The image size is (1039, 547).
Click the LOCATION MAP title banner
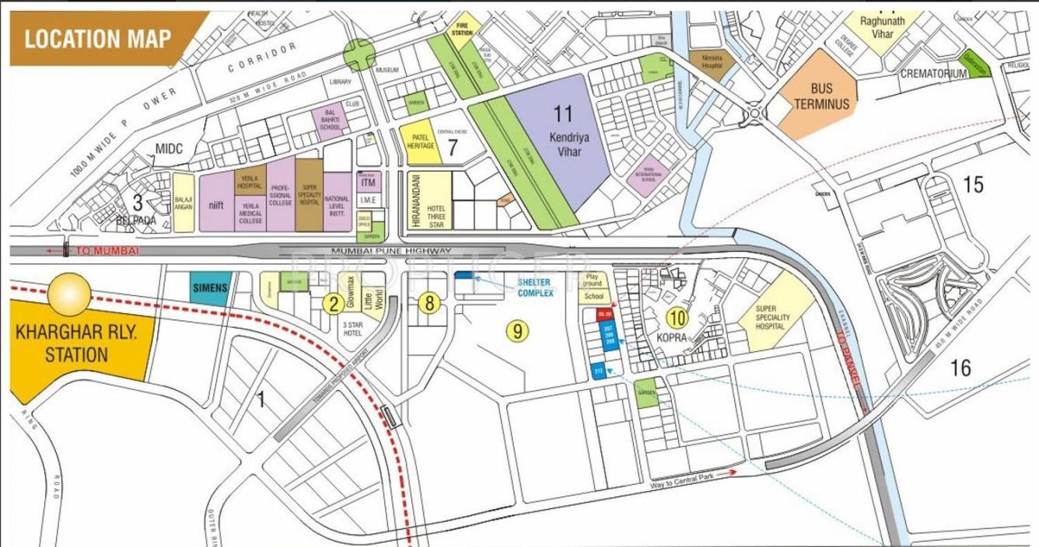point(97,39)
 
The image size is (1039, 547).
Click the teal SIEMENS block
point(208,287)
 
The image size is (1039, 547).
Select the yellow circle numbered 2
point(333,303)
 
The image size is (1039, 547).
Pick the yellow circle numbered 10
point(677,317)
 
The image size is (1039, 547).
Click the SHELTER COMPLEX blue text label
point(537,287)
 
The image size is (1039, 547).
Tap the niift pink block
point(217,202)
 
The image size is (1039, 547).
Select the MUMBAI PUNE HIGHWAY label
point(390,251)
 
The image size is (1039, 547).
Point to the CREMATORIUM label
point(933,74)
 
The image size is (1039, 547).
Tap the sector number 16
point(961,368)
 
